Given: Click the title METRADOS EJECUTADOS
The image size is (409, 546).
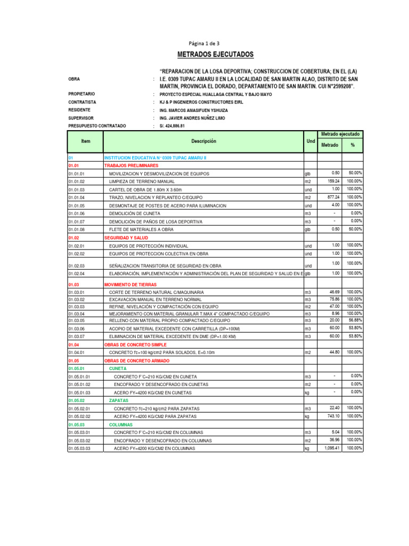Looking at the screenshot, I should tap(215, 55).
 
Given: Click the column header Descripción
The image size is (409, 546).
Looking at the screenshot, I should tap(204, 141).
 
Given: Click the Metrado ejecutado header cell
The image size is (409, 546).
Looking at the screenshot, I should tap(340, 134).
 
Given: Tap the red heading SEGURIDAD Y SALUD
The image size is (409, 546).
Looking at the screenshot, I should tap(126, 238).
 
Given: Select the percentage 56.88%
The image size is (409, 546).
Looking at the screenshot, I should tap(354, 320).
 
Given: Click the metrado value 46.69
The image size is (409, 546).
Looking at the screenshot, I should tap(334, 292).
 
